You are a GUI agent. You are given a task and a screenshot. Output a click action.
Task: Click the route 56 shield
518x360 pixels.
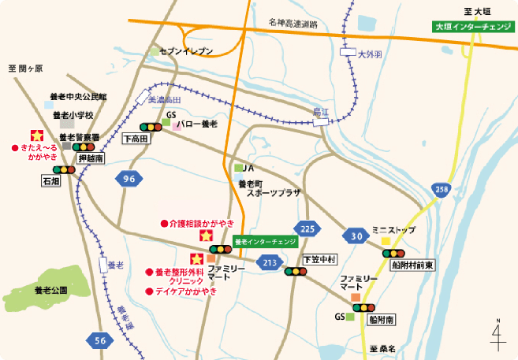[99, 340]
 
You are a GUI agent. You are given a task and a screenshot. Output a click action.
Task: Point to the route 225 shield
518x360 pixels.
[308, 229]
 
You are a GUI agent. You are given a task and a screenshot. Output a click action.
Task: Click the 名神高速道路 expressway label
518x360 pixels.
[293, 24]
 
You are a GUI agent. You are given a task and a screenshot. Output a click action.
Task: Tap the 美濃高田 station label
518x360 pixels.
[164, 101]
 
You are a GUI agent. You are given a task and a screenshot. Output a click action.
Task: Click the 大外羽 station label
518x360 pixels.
[369, 56]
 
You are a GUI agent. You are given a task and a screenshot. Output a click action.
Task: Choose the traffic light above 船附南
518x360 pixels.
[364, 308]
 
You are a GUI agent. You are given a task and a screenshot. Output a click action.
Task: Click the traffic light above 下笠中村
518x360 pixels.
[296, 272]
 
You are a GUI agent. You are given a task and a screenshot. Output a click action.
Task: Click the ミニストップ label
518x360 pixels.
[393, 229]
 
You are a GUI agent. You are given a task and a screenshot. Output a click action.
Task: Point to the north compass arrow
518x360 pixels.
[498, 335]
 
